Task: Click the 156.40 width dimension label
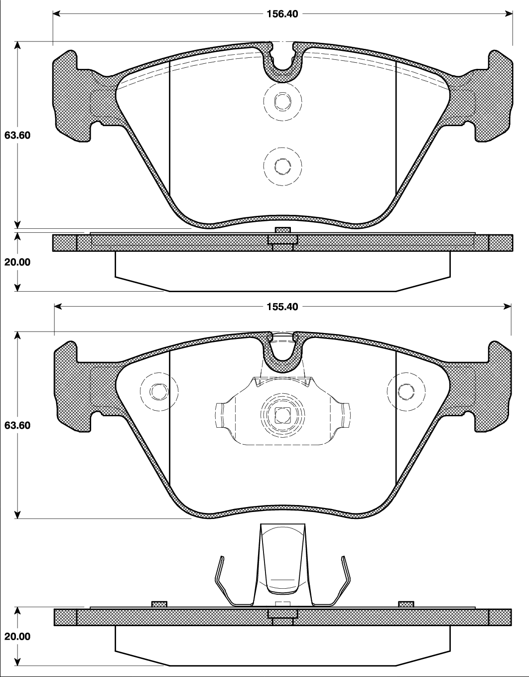282,14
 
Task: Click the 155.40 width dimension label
282,307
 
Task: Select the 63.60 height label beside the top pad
17,136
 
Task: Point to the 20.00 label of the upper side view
17,262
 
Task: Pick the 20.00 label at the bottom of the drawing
17,637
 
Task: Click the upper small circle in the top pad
282,102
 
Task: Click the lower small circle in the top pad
282,166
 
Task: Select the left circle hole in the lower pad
159,392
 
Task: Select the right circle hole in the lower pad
406,392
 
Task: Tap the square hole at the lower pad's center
282,414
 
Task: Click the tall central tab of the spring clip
282,558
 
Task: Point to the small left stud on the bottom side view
159,604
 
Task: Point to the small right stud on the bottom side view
406,604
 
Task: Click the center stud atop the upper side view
282,230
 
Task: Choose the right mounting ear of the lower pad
494,386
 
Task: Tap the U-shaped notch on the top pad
282,62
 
